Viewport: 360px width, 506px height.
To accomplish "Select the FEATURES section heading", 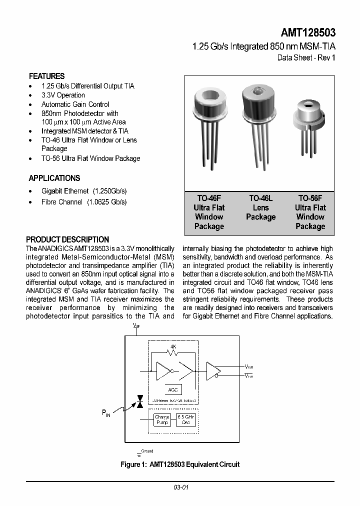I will coord(46,76).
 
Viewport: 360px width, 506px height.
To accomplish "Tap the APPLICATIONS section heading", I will coord(54,178).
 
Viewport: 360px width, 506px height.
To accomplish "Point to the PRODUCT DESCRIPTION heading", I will coord(67,239).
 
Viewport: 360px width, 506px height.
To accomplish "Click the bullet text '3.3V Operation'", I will coord(63,95).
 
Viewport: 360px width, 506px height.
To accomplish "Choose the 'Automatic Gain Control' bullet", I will coord(75,104).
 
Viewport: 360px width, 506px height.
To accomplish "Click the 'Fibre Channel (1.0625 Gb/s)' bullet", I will coord(84,202).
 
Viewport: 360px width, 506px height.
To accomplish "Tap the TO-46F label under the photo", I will coord(208,198).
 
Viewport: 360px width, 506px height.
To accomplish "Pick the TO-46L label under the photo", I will coord(260,198).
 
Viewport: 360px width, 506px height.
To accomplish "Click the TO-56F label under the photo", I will coord(310,198).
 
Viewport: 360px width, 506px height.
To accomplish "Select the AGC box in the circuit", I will coord(172,390).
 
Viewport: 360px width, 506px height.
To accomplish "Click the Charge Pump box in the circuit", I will coord(162,420).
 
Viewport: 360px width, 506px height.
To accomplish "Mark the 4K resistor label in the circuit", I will coord(173,346).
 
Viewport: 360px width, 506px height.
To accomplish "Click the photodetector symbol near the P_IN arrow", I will coord(140,401).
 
